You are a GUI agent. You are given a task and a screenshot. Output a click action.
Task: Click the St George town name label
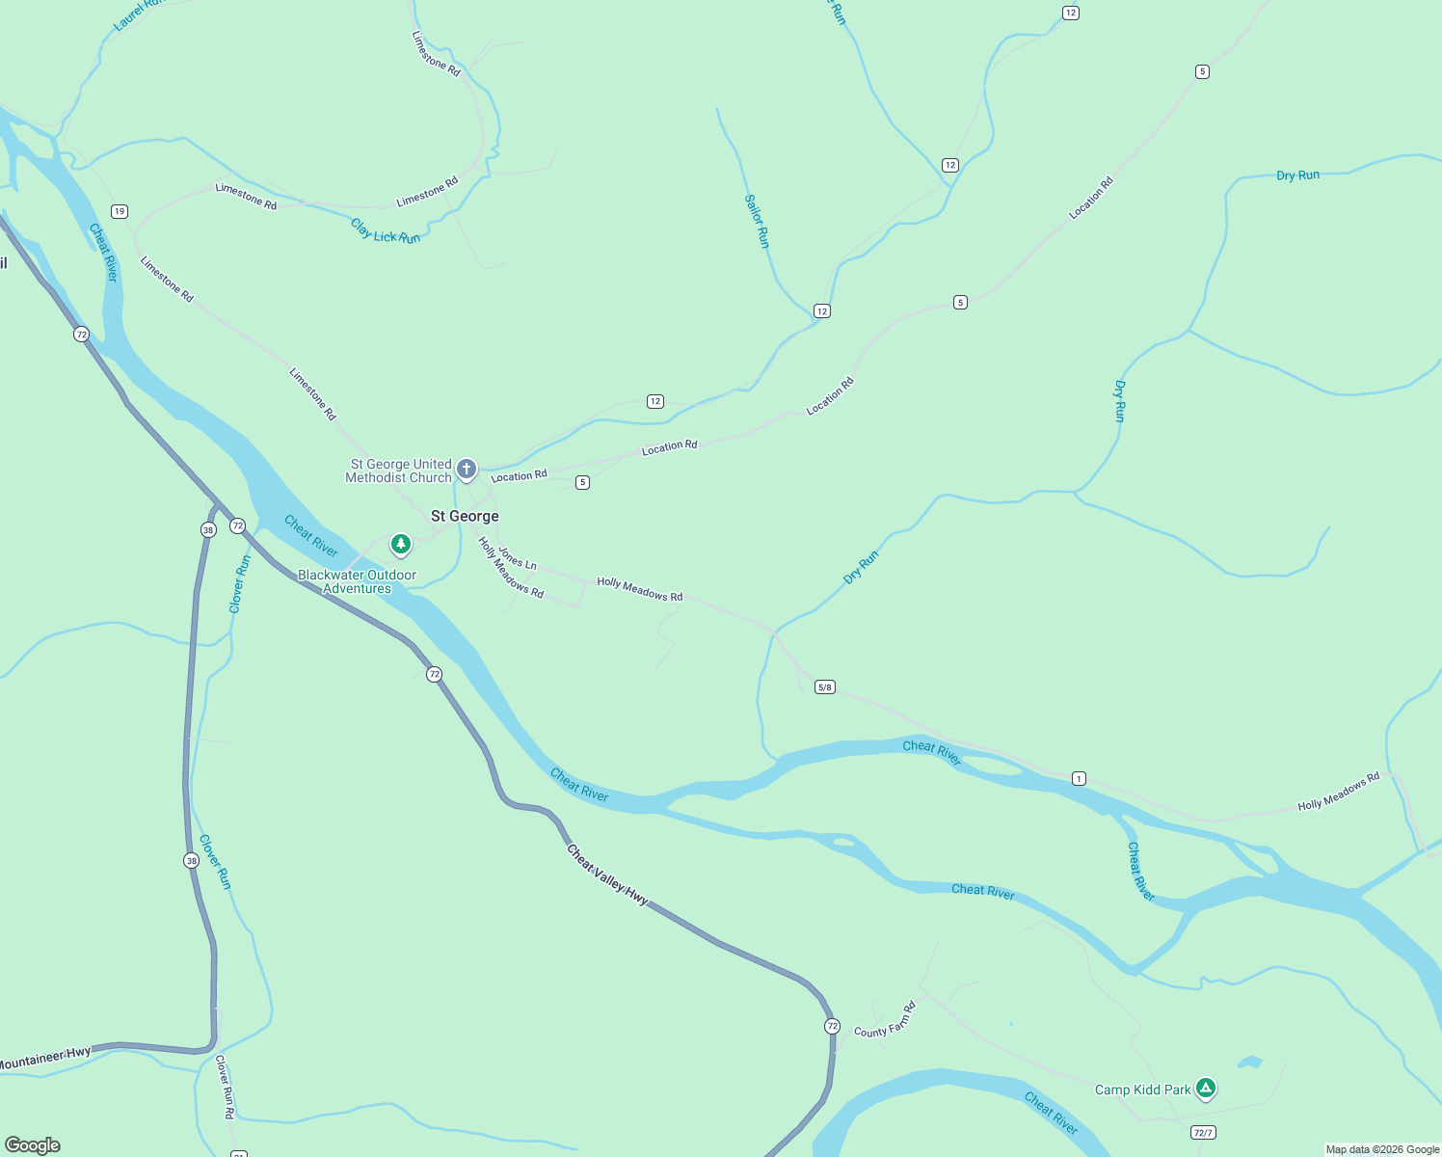[465, 516]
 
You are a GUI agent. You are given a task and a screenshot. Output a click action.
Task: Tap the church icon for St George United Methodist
[467, 470]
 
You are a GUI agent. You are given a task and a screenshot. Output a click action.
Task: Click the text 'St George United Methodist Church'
[399, 471]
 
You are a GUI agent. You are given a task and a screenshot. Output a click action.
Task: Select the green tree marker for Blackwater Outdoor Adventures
[401, 545]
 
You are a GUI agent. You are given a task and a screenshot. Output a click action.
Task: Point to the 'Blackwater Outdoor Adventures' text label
[357, 581]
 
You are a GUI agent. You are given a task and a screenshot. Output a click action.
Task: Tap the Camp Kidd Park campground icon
[1205, 1089]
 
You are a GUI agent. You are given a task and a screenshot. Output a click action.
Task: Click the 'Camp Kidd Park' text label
[1142, 1090]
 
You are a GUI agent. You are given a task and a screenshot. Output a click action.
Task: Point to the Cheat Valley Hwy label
[607, 874]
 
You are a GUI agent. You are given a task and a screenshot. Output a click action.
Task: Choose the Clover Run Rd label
[225, 1088]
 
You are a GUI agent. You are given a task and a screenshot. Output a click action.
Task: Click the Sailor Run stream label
[757, 221]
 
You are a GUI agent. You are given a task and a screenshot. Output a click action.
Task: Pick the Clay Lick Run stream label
[386, 231]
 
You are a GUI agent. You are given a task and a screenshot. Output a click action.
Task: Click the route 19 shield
[120, 211]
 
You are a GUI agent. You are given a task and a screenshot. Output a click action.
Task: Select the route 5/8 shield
[825, 687]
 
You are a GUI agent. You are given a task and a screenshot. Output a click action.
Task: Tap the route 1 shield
[1079, 778]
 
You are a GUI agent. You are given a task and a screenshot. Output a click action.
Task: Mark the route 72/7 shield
[1202, 1132]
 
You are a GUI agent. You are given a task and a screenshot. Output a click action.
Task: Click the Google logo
[33, 1144]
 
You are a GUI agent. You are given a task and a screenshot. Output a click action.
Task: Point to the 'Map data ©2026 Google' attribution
[1382, 1149]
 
